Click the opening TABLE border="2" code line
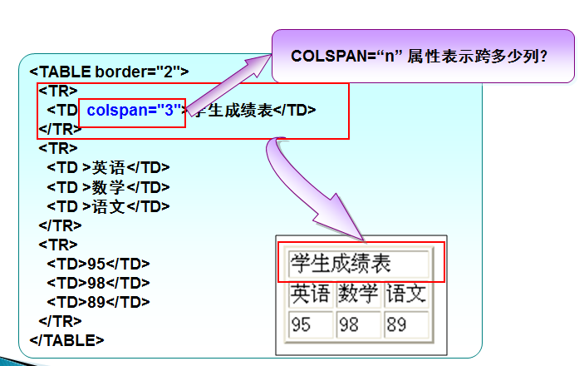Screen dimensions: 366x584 [109, 72]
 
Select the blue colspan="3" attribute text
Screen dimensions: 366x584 [135, 110]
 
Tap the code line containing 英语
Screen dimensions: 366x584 [108, 167]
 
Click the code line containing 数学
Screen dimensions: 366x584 [108, 187]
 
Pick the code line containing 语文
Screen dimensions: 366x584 [108, 206]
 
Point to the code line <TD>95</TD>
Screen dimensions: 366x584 [98, 264]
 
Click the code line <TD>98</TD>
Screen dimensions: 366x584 [98, 283]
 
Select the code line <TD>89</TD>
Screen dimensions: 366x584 [98, 302]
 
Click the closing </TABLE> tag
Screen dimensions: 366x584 [66, 339]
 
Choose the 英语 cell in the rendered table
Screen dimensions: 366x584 [310, 294]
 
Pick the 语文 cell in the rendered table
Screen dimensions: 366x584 [406, 294]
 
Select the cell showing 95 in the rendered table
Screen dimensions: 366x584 [310, 324]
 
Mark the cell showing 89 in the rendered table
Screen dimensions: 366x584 [406, 324]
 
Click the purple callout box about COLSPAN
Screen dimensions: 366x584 [423, 56]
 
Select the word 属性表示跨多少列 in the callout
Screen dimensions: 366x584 [469, 57]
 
